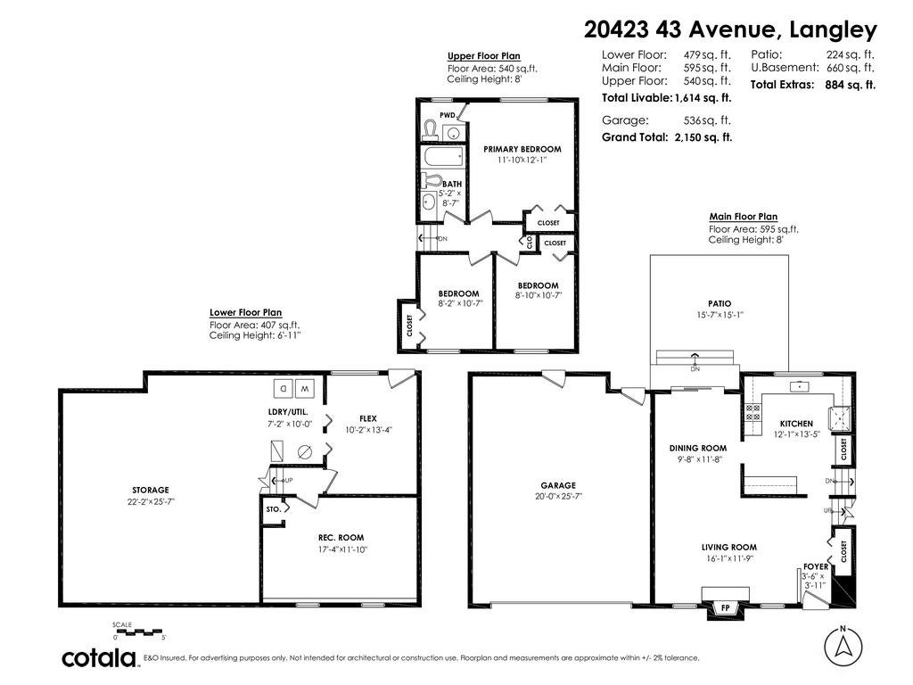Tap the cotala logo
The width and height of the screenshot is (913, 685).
coord(99,658)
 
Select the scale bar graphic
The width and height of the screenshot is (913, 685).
coord(138,631)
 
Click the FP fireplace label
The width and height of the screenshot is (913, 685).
coord(726,608)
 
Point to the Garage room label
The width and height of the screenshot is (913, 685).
coord(558,485)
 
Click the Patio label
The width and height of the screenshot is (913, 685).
coord(720,303)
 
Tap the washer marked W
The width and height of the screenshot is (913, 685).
coord(305,387)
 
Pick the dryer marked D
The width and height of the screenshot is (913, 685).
coord(284,387)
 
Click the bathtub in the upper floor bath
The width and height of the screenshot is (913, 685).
coord(444,157)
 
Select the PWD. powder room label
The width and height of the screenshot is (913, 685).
coord(448,115)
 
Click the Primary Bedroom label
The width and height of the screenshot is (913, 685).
coord(522,149)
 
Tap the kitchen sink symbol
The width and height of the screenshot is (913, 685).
coord(800,386)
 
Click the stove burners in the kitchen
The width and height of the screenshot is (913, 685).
coord(753,412)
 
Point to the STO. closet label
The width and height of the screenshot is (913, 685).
coord(274,508)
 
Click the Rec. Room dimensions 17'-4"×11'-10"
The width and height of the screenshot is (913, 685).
coord(343,549)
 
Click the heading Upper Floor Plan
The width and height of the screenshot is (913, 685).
coord(484,56)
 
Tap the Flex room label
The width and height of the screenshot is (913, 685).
coord(368,418)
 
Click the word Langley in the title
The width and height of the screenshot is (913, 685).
coord(833,29)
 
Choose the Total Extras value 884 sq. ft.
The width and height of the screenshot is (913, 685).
coord(850,85)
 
